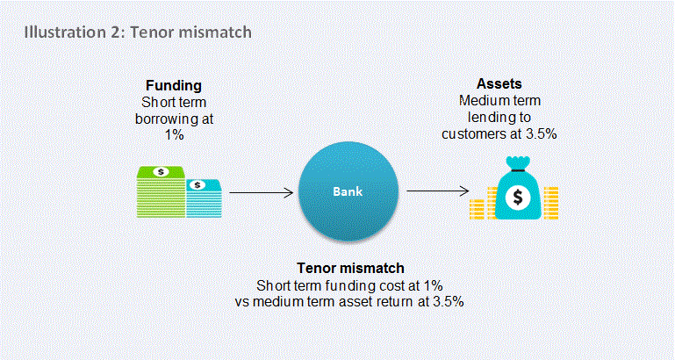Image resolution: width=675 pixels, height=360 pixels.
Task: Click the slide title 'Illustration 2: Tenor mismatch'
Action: pyautogui.click(x=138, y=32)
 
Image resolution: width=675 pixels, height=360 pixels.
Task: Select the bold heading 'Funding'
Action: pyautogui.click(x=174, y=86)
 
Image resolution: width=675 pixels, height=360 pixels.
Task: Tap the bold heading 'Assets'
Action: pyautogui.click(x=499, y=83)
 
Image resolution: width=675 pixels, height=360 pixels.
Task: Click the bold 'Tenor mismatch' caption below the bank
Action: pyautogui.click(x=350, y=269)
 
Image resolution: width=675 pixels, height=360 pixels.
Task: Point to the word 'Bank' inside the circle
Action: pyautogui.click(x=348, y=191)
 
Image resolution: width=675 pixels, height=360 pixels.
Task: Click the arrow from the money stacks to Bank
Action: pyautogui.click(x=262, y=192)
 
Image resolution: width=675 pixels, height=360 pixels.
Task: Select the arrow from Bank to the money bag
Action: pyautogui.click(x=438, y=191)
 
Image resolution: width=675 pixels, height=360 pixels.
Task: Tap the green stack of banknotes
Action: pyautogui.click(x=161, y=192)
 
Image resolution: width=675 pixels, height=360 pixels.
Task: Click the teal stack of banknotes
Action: pyautogui.click(x=204, y=198)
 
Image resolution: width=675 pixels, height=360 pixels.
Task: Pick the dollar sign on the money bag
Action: pyautogui.click(x=517, y=198)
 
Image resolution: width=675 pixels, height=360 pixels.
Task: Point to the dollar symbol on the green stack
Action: pyautogui.click(x=161, y=172)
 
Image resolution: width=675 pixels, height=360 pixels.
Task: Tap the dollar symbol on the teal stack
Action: pyautogui.click(x=197, y=185)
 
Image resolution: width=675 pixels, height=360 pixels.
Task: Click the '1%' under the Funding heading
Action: pyautogui.click(x=174, y=135)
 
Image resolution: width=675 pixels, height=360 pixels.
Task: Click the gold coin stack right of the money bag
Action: pyautogui.click(x=551, y=203)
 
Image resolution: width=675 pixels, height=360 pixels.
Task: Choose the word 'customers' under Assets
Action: pyautogui.click(x=472, y=134)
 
